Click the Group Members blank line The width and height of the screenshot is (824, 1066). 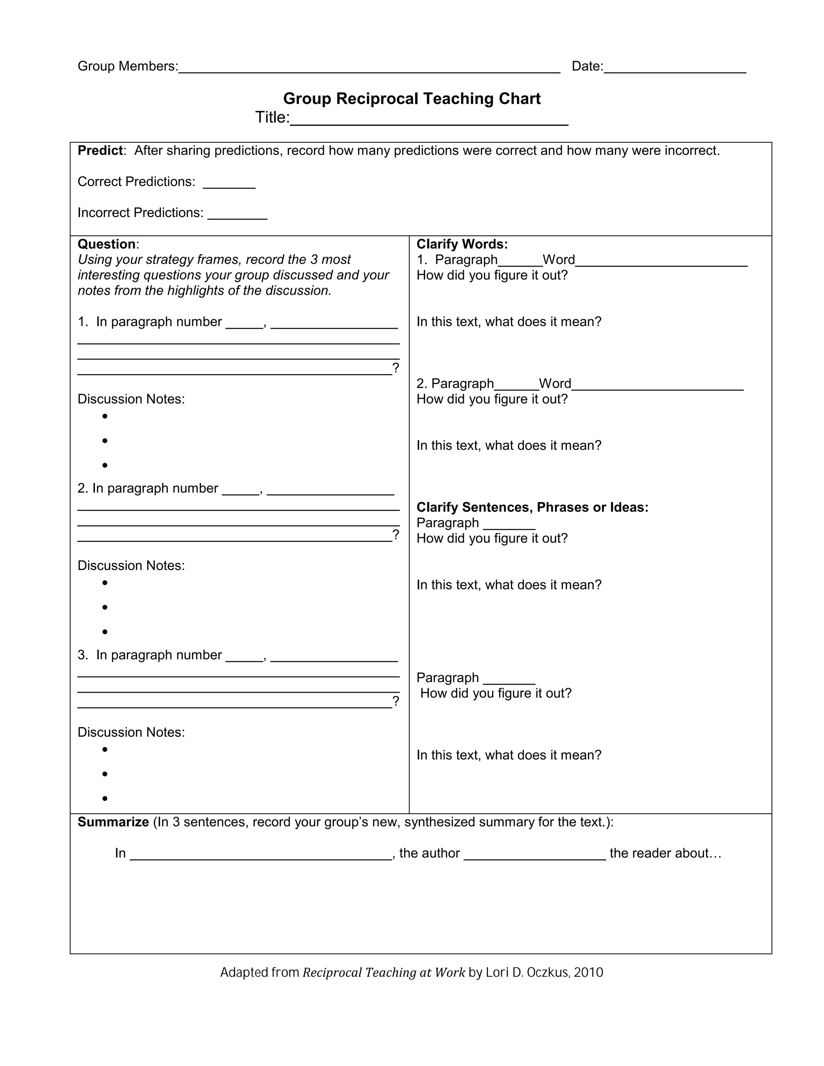(369, 68)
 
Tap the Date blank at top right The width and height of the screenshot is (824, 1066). (675, 68)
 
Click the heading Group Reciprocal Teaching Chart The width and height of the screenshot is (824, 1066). (412, 99)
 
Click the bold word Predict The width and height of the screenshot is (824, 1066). (100, 150)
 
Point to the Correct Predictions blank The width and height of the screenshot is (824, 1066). (229, 184)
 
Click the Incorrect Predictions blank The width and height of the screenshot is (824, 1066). (237, 215)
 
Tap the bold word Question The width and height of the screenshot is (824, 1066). (106, 244)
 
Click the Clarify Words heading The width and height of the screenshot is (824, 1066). (462, 244)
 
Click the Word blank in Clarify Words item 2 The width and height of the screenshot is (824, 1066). (657, 386)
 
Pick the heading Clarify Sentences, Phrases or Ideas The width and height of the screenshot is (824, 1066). (532, 507)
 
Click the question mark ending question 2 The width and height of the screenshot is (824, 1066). (396, 535)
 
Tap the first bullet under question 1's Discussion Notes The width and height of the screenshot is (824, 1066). (105, 416)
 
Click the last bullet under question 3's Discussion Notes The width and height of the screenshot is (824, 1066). (105, 798)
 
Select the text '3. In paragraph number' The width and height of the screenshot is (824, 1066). (149, 654)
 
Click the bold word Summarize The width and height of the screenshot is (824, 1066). (113, 822)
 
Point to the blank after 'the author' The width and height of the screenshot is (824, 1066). (535, 856)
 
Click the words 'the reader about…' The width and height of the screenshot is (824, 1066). (665, 853)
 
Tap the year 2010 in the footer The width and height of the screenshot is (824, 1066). (588, 973)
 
